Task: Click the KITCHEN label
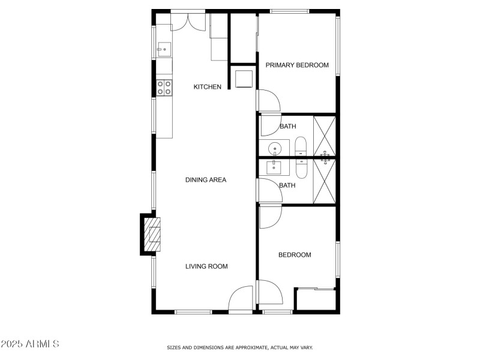207,87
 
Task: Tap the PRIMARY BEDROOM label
297,65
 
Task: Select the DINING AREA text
205,179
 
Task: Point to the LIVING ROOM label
206,266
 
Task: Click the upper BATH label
287,127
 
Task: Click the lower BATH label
287,185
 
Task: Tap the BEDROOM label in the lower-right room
295,255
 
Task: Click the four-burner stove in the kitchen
164,88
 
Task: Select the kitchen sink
163,49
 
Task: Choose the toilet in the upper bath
301,146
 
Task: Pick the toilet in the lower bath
301,168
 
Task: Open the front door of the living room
241,299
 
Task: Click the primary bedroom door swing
269,100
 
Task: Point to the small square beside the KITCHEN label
244,79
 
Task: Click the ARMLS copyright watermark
29,344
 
